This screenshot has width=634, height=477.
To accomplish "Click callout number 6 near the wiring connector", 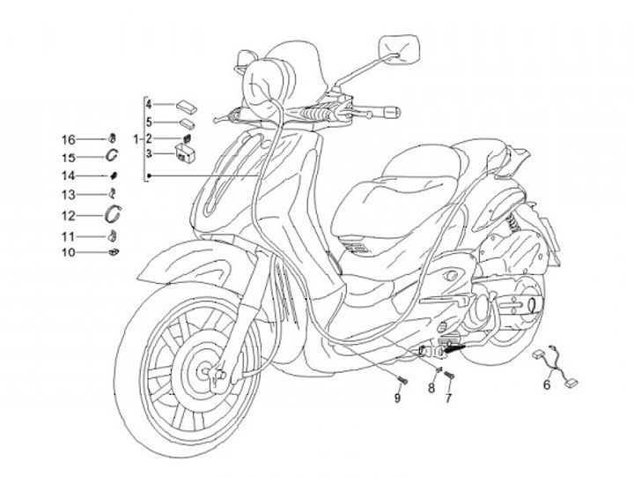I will pyautogui.click(x=546, y=384).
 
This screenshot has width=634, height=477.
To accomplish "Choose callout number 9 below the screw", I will pyautogui.click(x=397, y=399).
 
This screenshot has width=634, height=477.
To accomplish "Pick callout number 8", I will pyautogui.click(x=432, y=389).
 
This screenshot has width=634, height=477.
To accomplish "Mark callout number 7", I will pyautogui.click(x=448, y=398).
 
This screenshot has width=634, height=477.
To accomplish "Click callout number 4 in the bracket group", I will pyautogui.click(x=149, y=105).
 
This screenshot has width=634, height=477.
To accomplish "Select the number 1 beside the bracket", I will pyautogui.click(x=136, y=139).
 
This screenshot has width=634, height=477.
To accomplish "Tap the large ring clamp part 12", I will pyautogui.click(x=114, y=213).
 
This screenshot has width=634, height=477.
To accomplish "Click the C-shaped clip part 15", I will pyautogui.click(x=114, y=156).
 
